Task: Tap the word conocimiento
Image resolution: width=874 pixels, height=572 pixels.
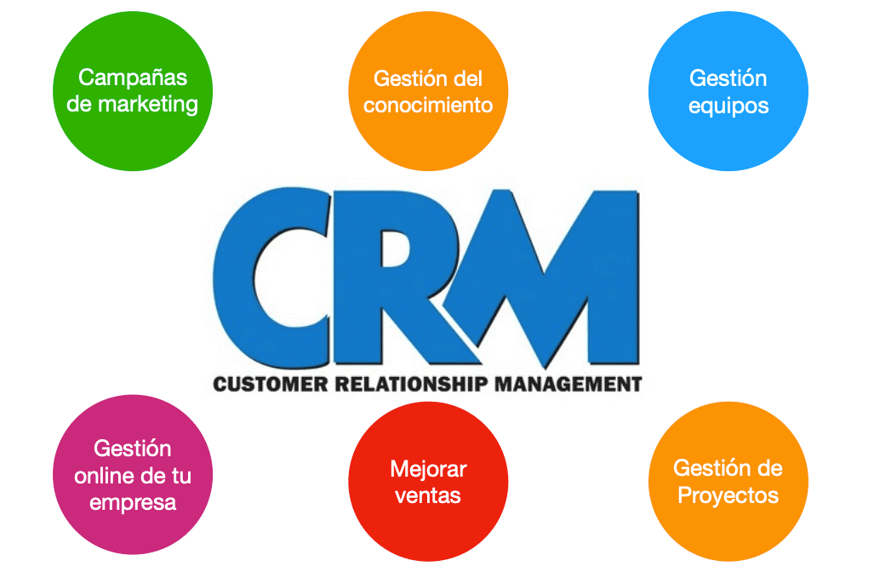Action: (428, 106)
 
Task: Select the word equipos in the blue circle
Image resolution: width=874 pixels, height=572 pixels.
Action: (728, 106)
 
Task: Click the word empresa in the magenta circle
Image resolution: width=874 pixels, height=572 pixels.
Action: (133, 502)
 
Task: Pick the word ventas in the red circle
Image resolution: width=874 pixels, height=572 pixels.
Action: (428, 495)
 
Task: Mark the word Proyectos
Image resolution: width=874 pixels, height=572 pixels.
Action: (728, 495)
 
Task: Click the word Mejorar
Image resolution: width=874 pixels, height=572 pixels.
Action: (428, 468)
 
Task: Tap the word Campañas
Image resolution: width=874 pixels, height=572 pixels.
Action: (133, 77)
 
